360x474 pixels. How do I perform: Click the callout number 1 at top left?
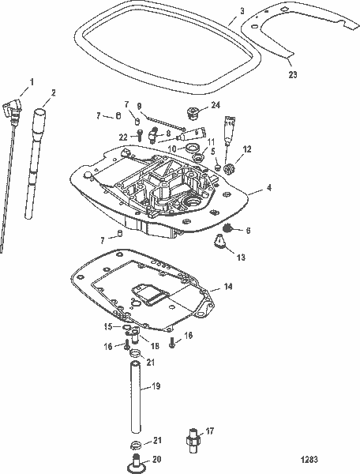tap(32, 81)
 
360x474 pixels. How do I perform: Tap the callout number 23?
tap(294, 75)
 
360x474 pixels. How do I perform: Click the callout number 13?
tap(241, 257)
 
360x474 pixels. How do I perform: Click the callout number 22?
tap(123, 137)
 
